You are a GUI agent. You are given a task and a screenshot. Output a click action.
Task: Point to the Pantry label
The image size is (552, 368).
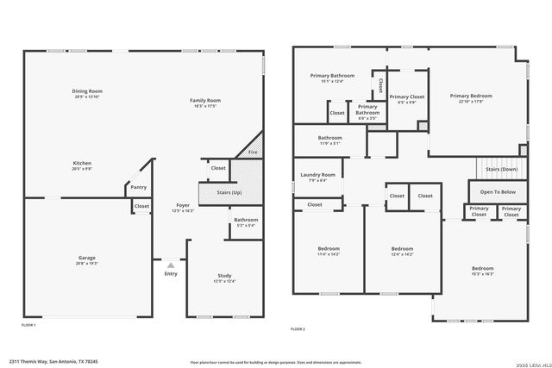137,188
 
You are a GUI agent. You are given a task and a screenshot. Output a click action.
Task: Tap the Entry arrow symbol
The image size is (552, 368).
170,265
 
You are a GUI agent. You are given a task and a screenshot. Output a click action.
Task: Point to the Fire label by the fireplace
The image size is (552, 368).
252,153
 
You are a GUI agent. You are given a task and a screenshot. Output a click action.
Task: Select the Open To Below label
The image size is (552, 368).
498,191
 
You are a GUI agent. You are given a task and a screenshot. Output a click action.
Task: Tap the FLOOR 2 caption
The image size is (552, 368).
298,329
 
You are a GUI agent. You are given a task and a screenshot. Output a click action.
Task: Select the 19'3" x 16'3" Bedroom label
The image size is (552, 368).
482,271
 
